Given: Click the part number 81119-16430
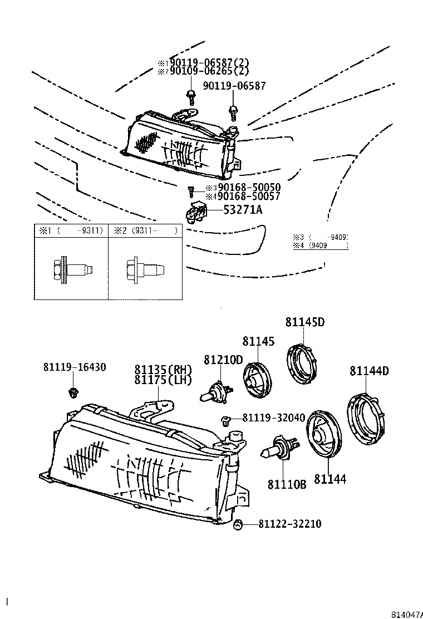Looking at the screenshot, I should tap(75, 367).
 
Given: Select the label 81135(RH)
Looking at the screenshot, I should tap(163, 369).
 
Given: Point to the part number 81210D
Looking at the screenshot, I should tap(223, 360).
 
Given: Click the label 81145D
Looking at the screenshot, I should tap(305, 322).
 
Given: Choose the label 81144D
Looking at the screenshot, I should tap(369, 371).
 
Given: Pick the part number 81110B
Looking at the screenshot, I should tap(287, 485).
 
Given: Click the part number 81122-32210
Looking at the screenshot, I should tap(289, 524).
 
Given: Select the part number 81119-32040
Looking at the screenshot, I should tap(273, 417).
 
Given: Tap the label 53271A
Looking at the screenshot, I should tap(243, 210).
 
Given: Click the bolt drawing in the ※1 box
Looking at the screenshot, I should tap(71, 269).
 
